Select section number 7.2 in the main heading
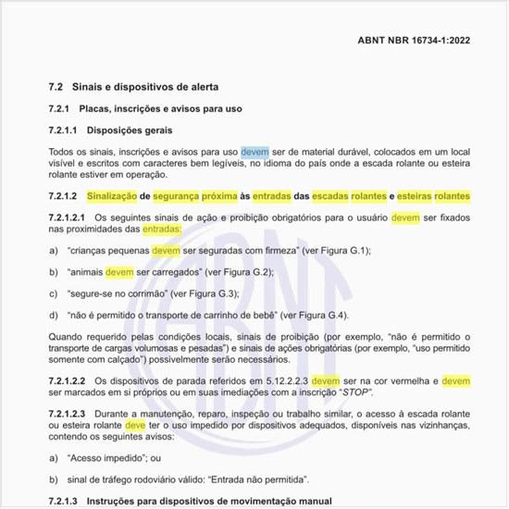(56, 86)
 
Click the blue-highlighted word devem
(255, 151)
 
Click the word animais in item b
(85, 272)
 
